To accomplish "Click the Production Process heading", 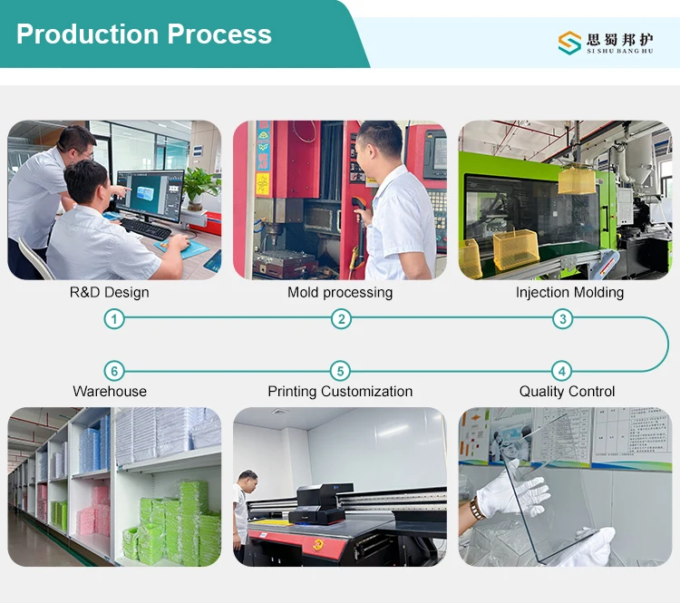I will (x=144, y=34).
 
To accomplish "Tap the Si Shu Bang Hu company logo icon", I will (x=569, y=42).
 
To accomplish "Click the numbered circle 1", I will (x=114, y=318).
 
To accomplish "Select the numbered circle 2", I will (x=341, y=318).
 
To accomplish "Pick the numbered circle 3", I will (x=563, y=318).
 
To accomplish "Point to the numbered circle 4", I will (x=563, y=371).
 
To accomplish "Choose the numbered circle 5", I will (x=340, y=371).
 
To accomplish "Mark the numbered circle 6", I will (x=113, y=371).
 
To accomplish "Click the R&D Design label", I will (x=109, y=293).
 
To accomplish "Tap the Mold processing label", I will (x=340, y=293).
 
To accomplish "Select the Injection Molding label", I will (x=569, y=293).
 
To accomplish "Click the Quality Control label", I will (x=567, y=392).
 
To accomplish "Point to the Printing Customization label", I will (x=340, y=392).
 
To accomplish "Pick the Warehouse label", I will (x=110, y=392).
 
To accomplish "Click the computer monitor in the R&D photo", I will (x=151, y=193).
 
